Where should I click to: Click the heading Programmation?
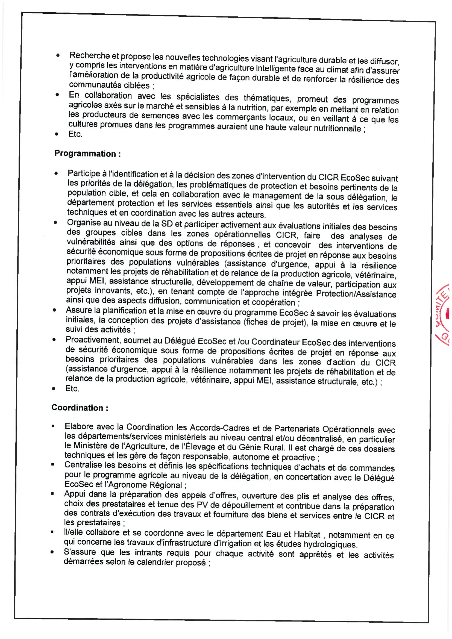point(87,154)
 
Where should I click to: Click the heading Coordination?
point(80,408)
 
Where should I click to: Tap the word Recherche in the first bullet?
point(90,56)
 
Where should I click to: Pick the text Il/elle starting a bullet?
point(73,532)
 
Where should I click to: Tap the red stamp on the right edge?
point(444,314)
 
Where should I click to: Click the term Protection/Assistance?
point(356,294)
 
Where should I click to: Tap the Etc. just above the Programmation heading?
point(75,134)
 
